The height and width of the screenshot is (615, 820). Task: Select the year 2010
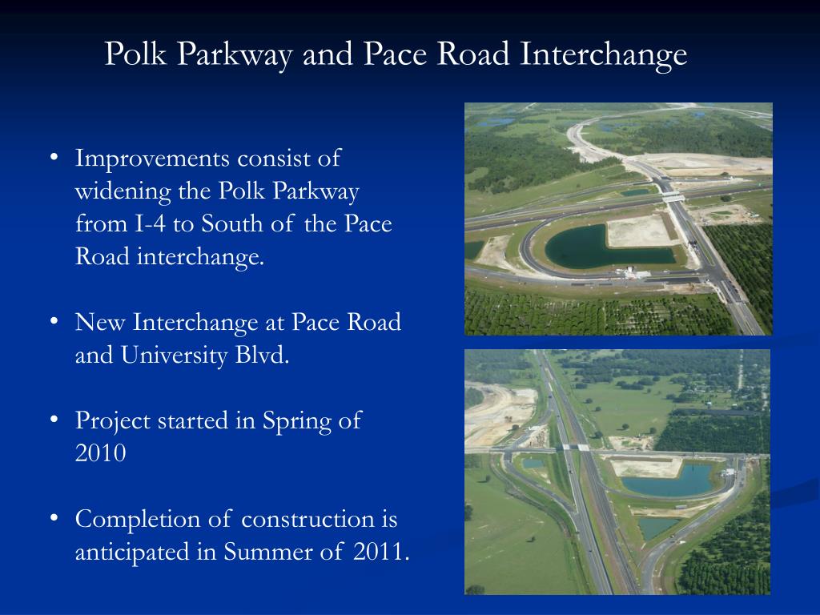click(x=100, y=453)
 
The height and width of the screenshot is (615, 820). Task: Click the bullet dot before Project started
click(x=53, y=419)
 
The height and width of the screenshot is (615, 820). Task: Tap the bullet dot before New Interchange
click(x=53, y=320)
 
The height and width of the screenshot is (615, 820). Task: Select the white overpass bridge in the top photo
click(x=673, y=196)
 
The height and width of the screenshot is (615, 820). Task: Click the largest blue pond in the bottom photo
click(x=666, y=483)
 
